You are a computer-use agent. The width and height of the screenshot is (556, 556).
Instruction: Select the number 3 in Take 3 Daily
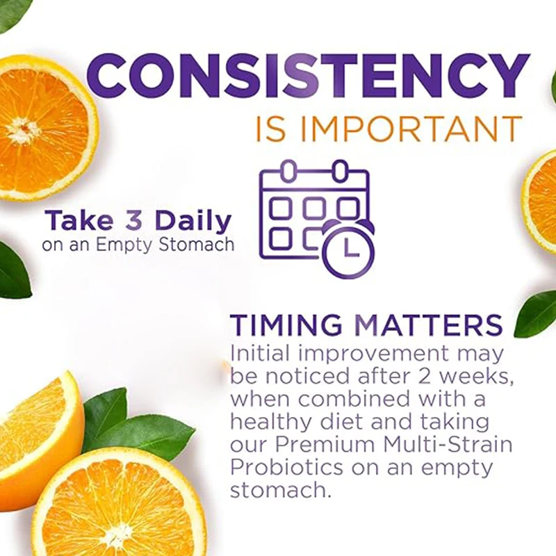[x=133, y=220]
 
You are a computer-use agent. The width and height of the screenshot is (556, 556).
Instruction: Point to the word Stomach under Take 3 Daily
[x=196, y=245]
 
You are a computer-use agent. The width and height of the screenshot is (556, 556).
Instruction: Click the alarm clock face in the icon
[x=348, y=247]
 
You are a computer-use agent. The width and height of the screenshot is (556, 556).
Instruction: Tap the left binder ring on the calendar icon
[x=290, y=171]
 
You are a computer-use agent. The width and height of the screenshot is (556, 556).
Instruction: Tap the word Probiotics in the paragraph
[x=286, y=467]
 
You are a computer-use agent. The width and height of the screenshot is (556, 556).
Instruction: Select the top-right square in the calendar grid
[x=347, y=208]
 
